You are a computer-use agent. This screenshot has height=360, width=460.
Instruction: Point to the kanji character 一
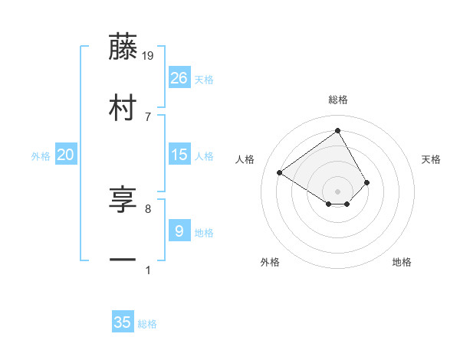(123, 261)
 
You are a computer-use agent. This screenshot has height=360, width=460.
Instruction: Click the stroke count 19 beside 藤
(149, 55)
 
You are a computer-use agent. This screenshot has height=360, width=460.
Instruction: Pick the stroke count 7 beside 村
(148, 116)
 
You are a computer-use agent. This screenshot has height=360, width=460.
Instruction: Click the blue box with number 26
(179, 77)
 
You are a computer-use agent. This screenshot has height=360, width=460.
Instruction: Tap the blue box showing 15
(179, 155)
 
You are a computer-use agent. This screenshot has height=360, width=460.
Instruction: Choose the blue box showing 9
(179, 231)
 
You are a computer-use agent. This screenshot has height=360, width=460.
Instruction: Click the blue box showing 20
(66, 155)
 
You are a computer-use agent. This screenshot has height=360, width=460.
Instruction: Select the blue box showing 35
(123, 322)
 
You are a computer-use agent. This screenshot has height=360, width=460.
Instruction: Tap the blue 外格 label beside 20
(41, 156)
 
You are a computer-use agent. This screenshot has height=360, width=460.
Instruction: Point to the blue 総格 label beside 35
(147, 324)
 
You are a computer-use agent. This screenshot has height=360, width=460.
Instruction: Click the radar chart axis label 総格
(338, 100)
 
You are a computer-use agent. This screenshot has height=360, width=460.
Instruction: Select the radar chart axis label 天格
(432, 159)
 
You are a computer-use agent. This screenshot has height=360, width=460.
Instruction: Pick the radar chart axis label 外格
(270, 262)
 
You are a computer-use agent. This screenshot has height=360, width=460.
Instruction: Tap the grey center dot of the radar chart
(338, 191)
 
